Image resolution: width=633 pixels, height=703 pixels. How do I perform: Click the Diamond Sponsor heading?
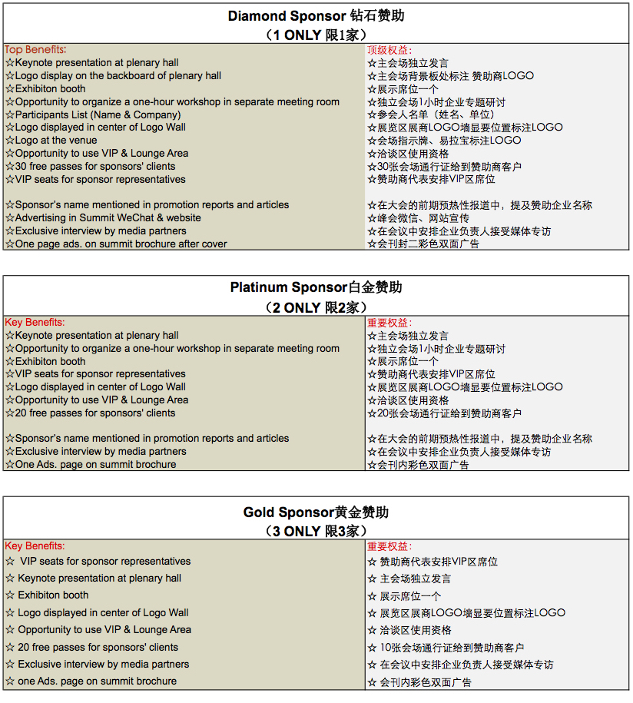(316, 16)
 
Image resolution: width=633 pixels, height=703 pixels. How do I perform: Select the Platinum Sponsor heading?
(316, 288)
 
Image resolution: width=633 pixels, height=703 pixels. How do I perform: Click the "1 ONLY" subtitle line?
(316, 35)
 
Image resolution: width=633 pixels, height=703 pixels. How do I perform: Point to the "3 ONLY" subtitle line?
(316, 532)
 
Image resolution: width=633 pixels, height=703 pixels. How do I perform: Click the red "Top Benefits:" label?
(35, 50)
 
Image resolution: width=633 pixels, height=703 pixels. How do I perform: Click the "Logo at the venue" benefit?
(56, 141)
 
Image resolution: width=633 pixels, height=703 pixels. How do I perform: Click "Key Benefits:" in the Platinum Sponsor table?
(35, 323)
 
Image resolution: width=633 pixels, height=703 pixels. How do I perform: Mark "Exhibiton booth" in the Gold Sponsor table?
(53, 595)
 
